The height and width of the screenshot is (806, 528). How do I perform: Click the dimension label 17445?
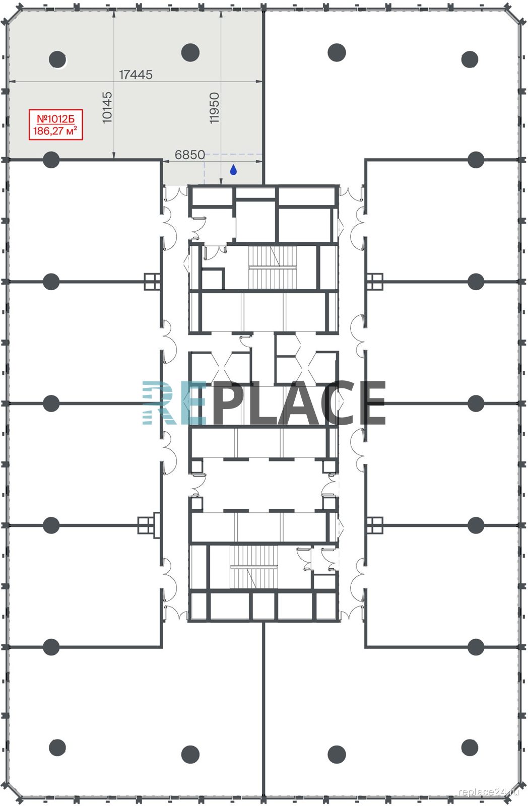[x=136, y=75]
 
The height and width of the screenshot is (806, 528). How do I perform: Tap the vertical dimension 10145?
[x=107, y=108]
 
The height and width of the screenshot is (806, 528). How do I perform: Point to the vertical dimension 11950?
[x=214, y=108]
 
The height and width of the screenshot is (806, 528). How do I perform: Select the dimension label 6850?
[x=189, y=155]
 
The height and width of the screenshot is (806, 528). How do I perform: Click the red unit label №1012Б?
[x=56, y=118]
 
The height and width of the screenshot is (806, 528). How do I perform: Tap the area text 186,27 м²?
[x=55, y=130]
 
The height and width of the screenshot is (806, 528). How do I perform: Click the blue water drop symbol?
[x=233, y=169]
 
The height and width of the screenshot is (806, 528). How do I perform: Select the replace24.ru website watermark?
[x=489, y=791]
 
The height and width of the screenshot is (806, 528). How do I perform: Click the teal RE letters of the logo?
[x=174, y=402]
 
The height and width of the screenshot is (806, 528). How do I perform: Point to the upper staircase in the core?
[x=273, y=267]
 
